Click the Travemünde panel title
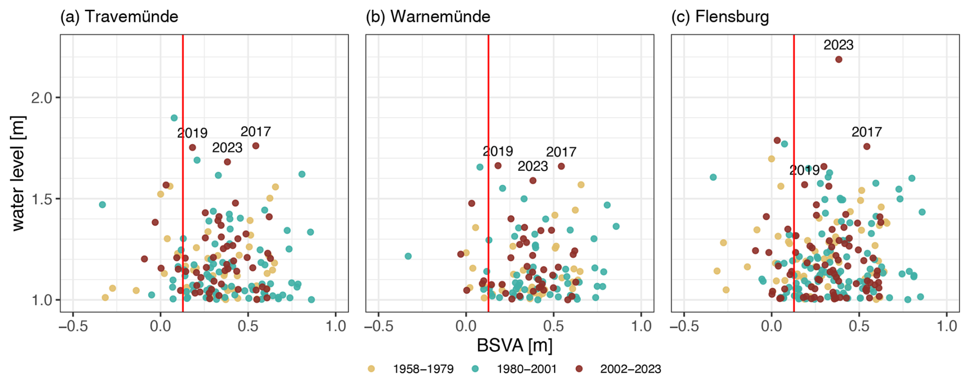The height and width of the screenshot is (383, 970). coord(119,16)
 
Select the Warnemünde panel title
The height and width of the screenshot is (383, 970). coord(428,16)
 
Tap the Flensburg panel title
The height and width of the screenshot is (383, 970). coord(720,16)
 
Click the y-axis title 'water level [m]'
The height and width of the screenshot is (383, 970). coord(18,173)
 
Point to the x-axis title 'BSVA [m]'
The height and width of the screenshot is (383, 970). coord(514,346)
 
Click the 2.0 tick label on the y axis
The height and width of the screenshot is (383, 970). coord(42,97)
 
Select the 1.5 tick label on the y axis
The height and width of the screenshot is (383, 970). coord(42,199)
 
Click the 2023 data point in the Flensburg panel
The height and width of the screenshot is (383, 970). coord(839,59)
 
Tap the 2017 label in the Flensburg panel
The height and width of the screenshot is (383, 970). coord(866,132)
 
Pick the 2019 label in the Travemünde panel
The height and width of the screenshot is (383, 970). coord(192,133)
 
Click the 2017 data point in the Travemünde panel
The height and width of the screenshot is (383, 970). coord(256,146)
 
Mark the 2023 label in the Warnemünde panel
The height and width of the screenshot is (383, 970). coord(533,166)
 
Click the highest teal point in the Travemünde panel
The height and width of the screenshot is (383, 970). coord(174,118)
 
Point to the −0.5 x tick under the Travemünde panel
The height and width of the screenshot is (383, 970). coord(73,326)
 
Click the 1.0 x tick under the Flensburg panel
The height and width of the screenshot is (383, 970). coord(947,326)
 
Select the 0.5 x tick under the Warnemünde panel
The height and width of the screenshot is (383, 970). coord(554,326)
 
